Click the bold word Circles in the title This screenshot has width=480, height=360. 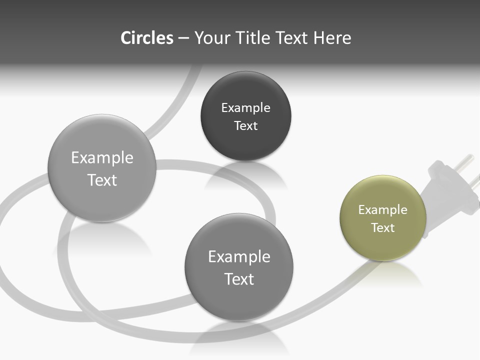pyautogui.click(x=147, y=38)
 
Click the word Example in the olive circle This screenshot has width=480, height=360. pyautogui.click(x=383, y=210)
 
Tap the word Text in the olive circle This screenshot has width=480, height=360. pyautogui.click(x=383, y=228)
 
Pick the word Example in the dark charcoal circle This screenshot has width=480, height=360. pyautogui.click(x=245, y=108)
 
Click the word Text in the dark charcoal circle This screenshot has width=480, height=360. pyautogui.click(x=245, y=126)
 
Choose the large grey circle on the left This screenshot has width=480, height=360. pyautogui.click(x=102, y=200)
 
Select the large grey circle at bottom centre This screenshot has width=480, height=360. pyautogui.click(x=239, y=300)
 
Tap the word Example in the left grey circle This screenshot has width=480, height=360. pyautogui.click(x=102, y=158)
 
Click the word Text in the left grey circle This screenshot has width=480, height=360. pyautogui.click(x=102, y=180)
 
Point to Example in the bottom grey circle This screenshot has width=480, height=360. pyautogui.click(x=239, y=257)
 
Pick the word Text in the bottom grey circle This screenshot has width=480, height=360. pyautogui.click(x=239, y=279)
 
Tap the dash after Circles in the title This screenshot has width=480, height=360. pyautogui.click(x=183, y=38)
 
